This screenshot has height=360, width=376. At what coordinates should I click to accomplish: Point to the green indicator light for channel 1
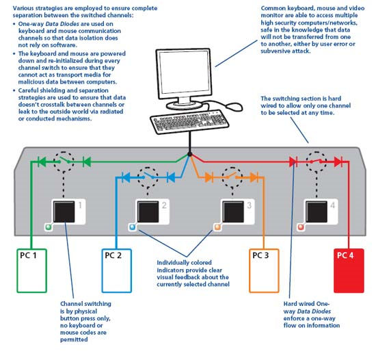[x=49, y=227]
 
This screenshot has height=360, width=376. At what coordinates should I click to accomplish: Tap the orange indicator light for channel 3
[x=217, y=227]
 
